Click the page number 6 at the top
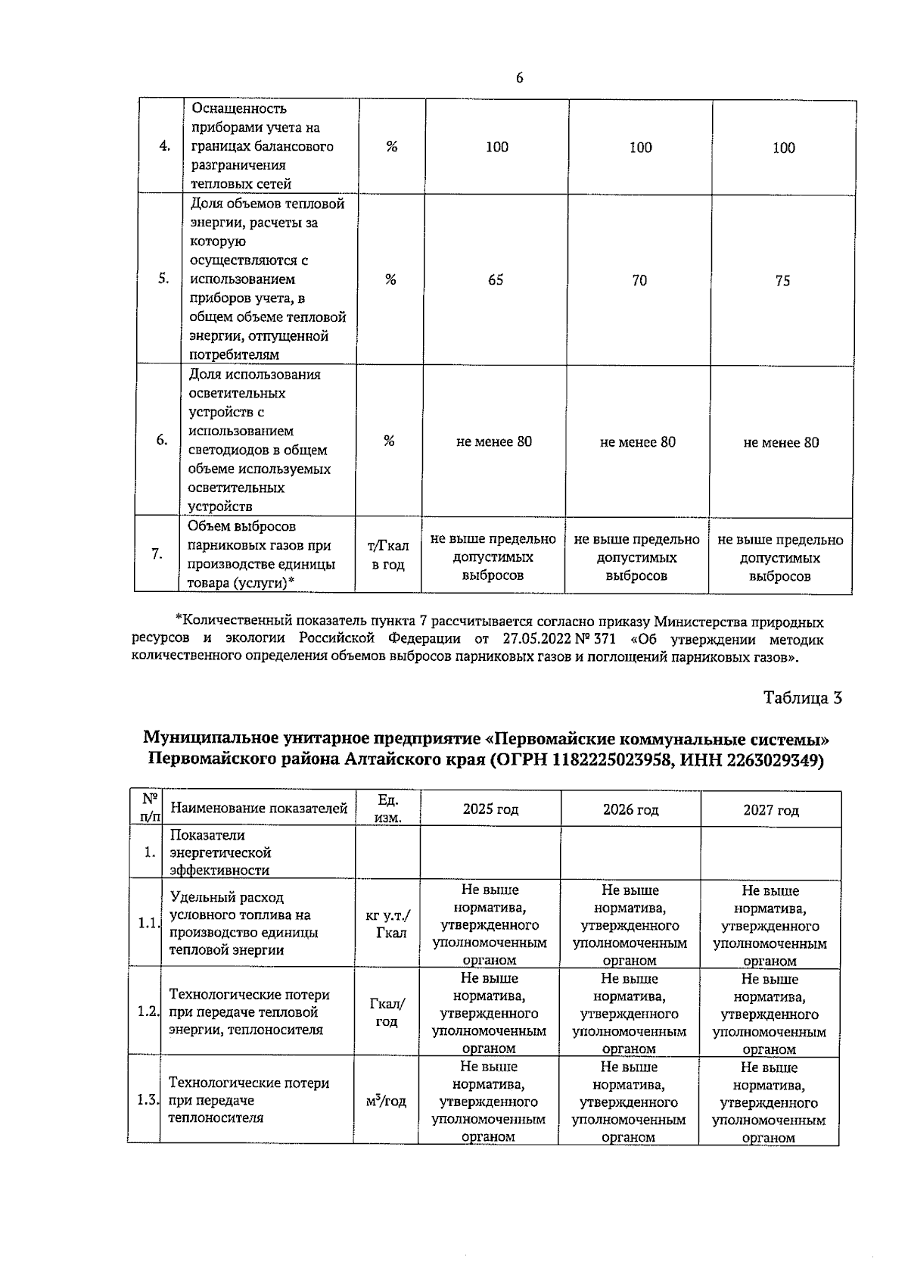pyautogui.click(x=520, y=79)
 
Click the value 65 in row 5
pyautogui.click(x=496, y=280)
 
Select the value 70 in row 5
pyautogui.click(x=639, y=281)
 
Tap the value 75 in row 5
pyautogui.click(x=782, y=281)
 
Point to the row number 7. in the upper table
pyautogui.click(x=157, y=554)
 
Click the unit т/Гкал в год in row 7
pyautogui.click(x=387, y=555)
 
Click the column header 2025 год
pyautogui.click(x=490, y=809)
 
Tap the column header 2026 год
pyautogui.click(x=630, y=809)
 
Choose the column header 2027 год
pyautogui.click(x=770, y=810)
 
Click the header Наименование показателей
pyautogui.click(x=259, y=809)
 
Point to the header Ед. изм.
pyautogui.click(x=387, y=809)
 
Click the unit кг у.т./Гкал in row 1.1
pyautogui.click(x=387, y=924)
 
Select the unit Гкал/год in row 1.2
pyautogui.click(x=387, y=1012)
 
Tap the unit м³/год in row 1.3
pyautogui.click(x=386, y=1101)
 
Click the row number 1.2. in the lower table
pyautogui.click(x=148, y=1011)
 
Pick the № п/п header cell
pyautogui.click(x=150, y=808)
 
